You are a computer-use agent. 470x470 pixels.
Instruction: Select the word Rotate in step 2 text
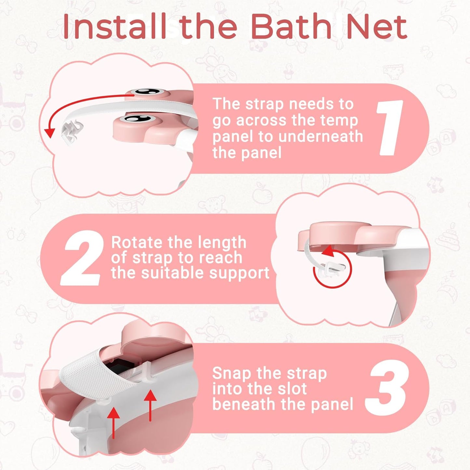pos(137,243)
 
